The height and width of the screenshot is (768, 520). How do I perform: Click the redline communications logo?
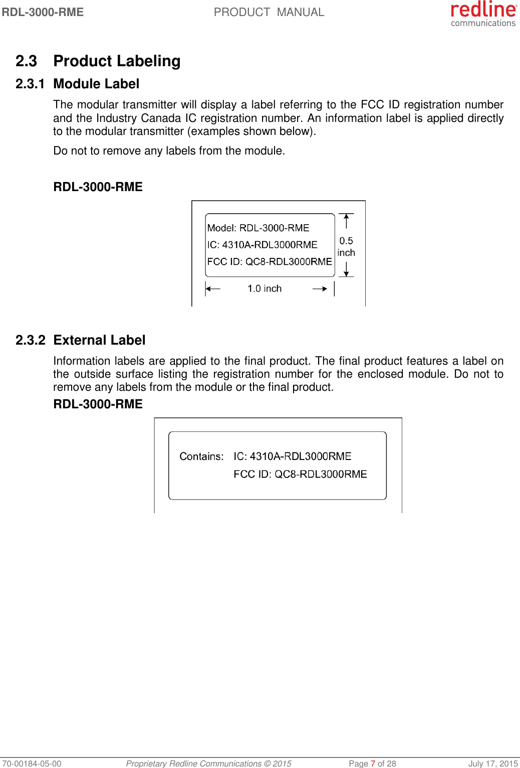click(483, 14)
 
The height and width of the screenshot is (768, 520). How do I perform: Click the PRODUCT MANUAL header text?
click(269, 12)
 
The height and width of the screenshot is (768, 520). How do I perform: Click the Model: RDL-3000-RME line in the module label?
click(258, 228)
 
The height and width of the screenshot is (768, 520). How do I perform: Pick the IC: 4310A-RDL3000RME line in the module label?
click(263, 245)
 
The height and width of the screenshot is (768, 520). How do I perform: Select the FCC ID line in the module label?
click(270, 262)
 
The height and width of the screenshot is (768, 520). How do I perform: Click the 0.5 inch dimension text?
click(346, 247)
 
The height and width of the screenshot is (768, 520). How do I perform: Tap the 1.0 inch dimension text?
click(265, 288)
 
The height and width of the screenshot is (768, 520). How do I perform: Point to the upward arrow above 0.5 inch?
click(346, 221)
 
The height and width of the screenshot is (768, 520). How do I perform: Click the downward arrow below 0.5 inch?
click(346, 269)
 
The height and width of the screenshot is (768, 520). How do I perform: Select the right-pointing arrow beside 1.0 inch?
click(320, 288)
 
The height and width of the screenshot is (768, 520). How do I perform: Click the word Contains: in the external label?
click(201, 456)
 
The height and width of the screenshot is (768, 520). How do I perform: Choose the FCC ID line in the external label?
click(300, 475)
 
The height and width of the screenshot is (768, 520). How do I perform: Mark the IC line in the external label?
click(293, 456)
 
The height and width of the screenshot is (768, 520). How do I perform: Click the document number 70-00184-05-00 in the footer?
click(31, 763)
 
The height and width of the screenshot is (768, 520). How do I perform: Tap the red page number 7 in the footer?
click(373, 763)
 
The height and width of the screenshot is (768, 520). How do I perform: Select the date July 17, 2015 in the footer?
click(493, 763)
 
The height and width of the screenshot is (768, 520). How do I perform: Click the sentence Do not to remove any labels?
click(169, 151)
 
